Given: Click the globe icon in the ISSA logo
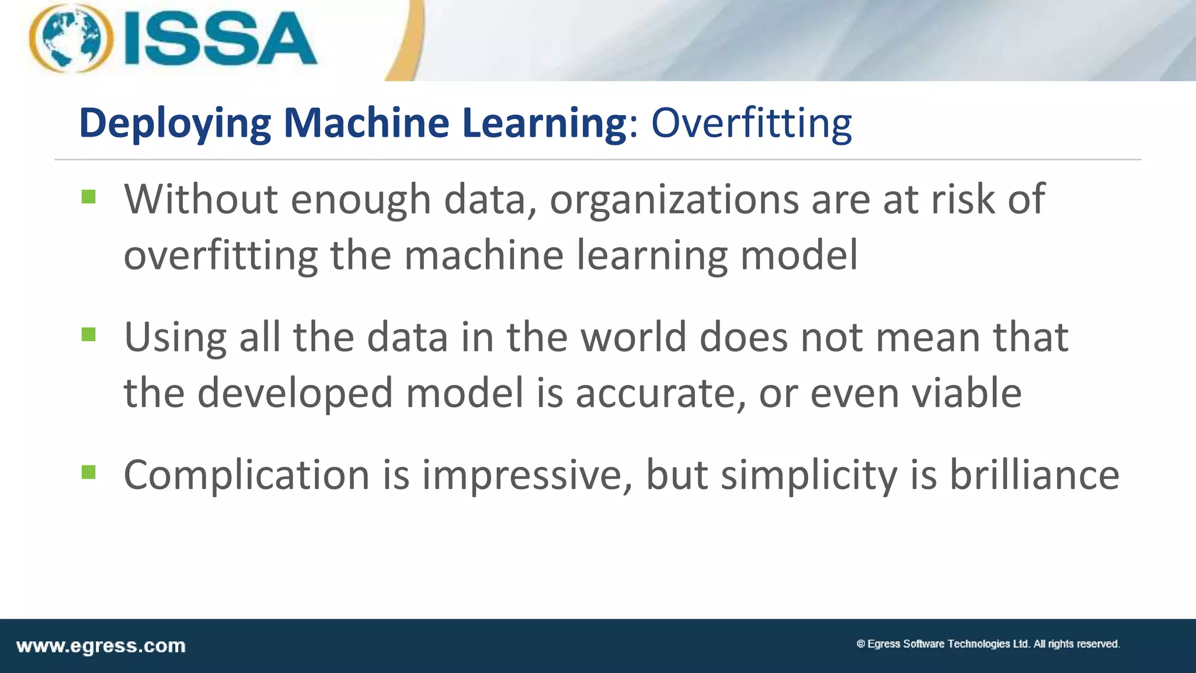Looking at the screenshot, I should [71, 38].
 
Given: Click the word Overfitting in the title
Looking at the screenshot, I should [751, 123].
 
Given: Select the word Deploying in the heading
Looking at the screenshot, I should [175, 123].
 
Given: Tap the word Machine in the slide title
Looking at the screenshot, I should [366, 123].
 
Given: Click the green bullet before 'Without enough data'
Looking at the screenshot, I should [89, 197].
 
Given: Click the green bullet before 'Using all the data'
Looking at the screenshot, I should [89, 335].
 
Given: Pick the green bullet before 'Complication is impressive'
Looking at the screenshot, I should [89, 472].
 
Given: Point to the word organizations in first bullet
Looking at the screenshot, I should [673, 200].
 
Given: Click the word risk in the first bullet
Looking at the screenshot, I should [962, 199].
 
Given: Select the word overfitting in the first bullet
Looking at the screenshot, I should [220, 256].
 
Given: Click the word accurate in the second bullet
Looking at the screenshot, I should [660, 393].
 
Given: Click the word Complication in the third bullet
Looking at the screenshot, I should [246, 475].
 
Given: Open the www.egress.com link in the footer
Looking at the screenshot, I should [101, 646].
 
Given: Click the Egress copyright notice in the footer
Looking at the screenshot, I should [988, 644].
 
